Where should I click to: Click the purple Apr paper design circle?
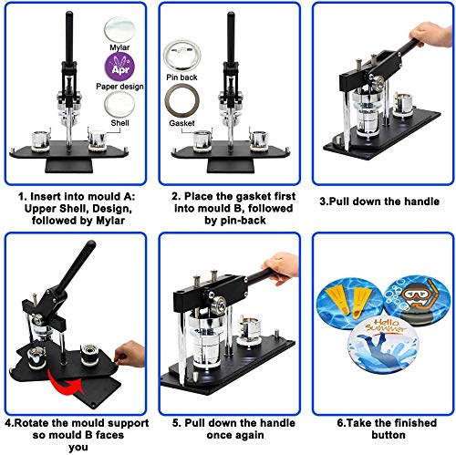(x=120, y=66)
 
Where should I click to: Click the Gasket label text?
(x=181, y=121)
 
